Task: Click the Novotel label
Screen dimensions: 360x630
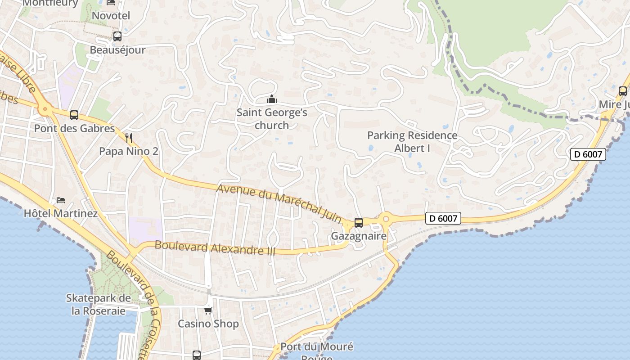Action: point(111,16)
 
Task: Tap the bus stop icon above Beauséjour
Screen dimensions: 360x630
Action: point(117,36)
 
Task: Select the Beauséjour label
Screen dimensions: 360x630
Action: point(117,49)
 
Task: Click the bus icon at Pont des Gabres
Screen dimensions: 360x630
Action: point(74,115)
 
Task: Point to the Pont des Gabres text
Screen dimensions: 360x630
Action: point(75,128)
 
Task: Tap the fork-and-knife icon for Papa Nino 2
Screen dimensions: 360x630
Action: point(129,137)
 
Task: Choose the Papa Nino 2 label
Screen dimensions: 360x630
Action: point(129,151)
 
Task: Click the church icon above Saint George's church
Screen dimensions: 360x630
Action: point(272,99)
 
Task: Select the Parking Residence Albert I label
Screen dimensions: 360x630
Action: point(412,141)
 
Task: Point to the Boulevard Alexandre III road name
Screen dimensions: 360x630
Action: point(215,247)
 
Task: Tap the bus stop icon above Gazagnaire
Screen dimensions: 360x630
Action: point(359,222)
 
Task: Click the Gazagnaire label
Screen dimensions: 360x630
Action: point(359,236)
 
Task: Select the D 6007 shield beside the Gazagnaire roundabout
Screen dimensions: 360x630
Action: point(443,219)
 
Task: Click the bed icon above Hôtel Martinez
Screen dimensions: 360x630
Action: point(61,200)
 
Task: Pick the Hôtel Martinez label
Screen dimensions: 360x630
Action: point(61,213)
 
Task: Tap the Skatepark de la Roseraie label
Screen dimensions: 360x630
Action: point(99,304)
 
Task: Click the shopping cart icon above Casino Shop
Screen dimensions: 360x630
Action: point(208,310)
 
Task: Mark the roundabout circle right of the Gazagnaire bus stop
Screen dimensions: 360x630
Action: point(386,220)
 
